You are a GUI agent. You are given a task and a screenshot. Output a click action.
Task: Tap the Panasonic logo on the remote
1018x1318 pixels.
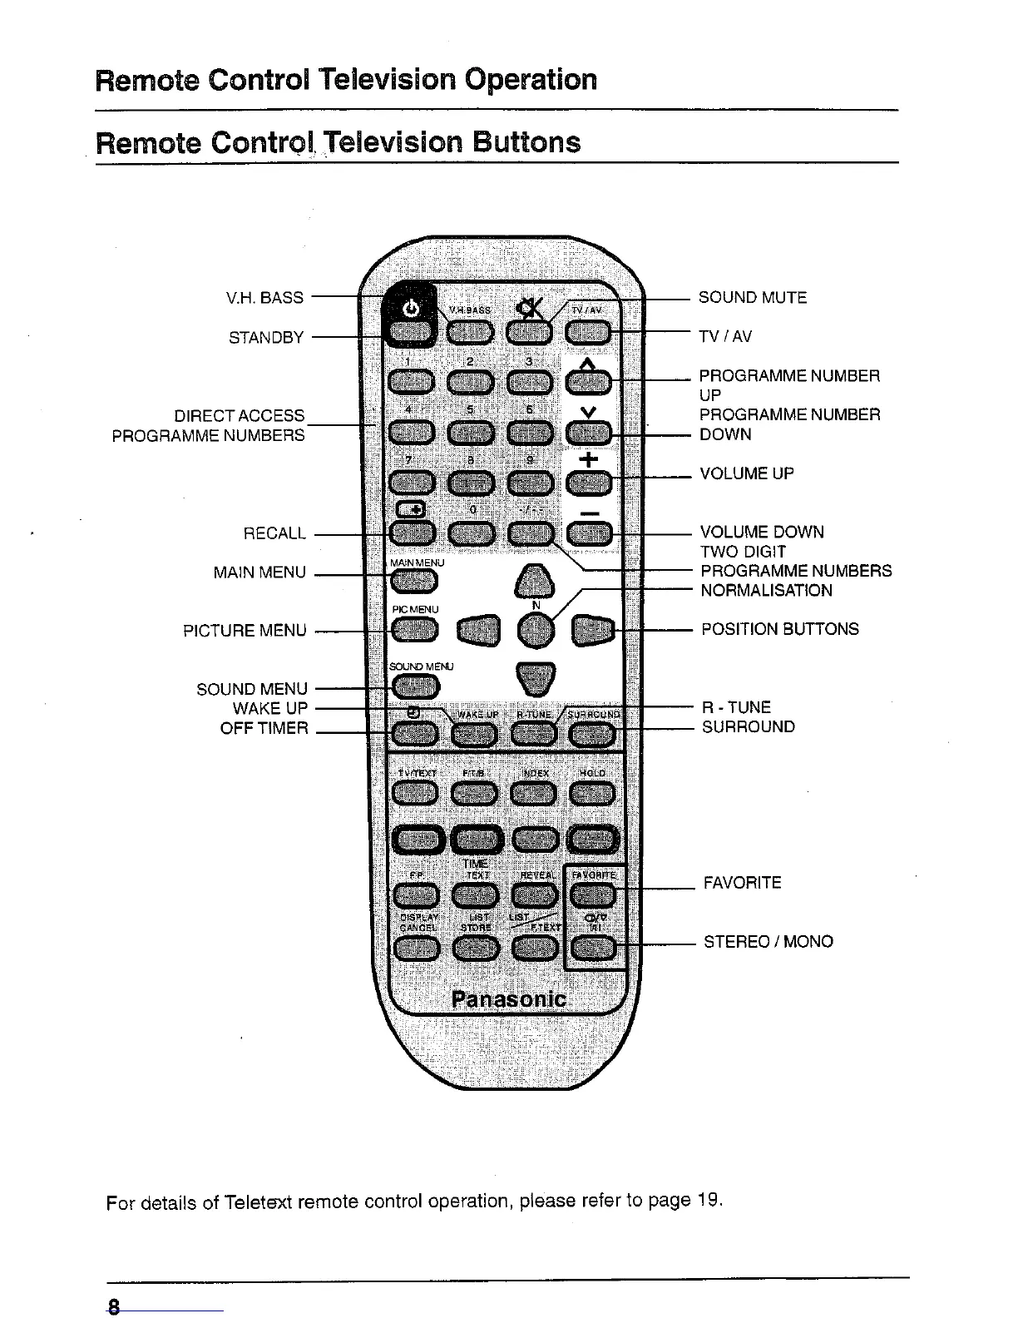[508, 999]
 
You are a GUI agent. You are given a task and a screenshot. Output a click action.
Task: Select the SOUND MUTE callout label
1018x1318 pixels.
[752, 298]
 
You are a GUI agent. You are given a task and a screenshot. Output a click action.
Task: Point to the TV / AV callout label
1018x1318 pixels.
[725, 336]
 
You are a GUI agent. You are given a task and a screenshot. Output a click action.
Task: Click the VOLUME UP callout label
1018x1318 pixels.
[746, 473]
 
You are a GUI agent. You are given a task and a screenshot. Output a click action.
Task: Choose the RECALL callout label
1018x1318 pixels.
[274, 533]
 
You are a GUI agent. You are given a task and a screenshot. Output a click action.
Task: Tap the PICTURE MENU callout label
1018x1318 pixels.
[245, 630]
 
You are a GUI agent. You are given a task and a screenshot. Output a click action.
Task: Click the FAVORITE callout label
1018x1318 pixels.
[742, 883]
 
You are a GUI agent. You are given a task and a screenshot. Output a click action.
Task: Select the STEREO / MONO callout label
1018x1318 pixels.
[768, 942]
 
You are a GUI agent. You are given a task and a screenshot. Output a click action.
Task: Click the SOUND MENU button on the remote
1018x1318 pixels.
[413, 685]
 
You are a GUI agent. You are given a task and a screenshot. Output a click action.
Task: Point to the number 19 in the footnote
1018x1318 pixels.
[708, 1201]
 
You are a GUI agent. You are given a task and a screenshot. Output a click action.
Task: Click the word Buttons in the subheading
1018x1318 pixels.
[526, 142]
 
